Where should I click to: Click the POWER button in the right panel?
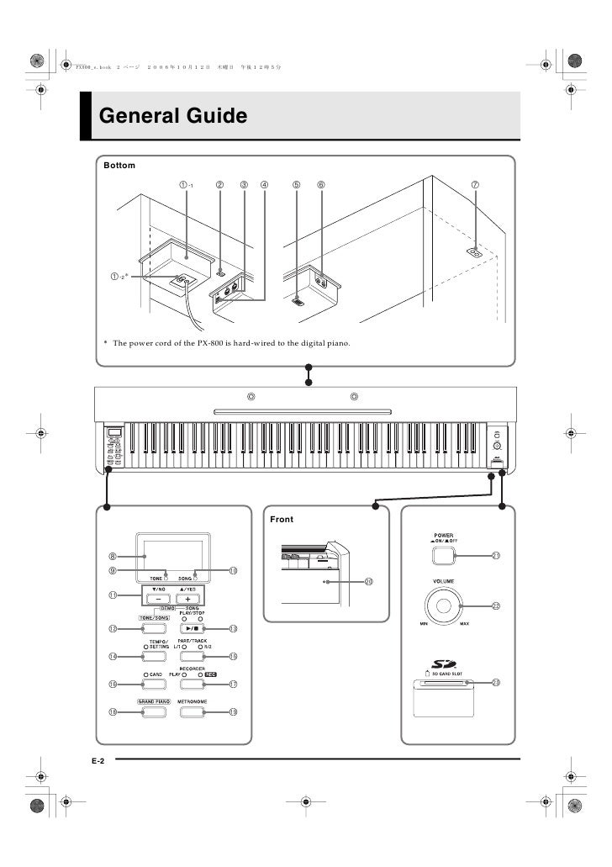443,554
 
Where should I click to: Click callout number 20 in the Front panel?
368,582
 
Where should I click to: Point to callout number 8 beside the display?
112,556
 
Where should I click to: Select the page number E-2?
98,759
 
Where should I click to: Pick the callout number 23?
496,683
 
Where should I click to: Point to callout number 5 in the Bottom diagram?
296,185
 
